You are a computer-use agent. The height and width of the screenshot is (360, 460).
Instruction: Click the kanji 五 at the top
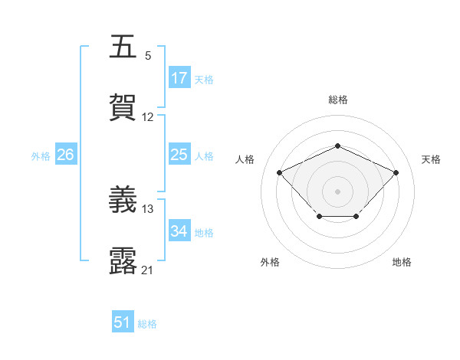[x=123, y=46]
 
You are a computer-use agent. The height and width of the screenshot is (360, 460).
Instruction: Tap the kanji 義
[x=123, y=200]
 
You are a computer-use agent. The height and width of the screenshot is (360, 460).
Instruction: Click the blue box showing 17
[x=179, y=78]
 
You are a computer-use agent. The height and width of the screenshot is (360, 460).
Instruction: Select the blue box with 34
[x=179, y=232]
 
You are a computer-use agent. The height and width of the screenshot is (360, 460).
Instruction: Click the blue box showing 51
[x=123, y=323]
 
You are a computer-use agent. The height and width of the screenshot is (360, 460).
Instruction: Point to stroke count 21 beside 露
[x=148, y=270]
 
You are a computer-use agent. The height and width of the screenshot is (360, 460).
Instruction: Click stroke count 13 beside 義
[x=148, y=208]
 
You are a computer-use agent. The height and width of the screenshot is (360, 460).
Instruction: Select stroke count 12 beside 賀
[x=148, y=117]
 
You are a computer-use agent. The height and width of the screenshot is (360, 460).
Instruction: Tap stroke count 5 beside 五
[x=148, y=55]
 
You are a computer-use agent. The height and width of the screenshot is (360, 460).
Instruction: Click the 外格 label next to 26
[x=41, y=156]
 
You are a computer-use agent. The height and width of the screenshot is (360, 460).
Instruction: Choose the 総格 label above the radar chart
[x=337, y=100]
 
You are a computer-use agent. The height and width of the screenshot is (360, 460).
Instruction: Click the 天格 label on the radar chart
[x=431, y=159]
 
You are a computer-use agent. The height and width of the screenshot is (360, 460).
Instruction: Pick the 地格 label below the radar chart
[x=402, y=262]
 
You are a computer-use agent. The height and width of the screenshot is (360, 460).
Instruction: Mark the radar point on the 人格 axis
[x=280, y=172]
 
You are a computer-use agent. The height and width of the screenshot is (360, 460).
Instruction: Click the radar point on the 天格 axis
[x=396, y=172]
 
